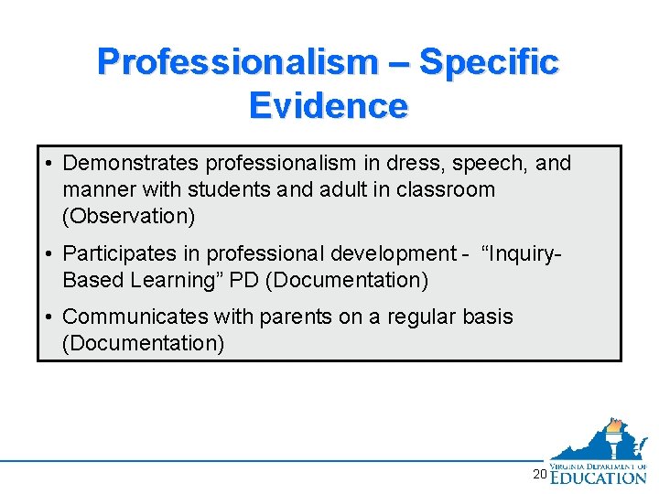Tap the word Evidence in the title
pyautogui.click(x=328, y=106)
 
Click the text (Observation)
pyautogui.click(x=128, y=217)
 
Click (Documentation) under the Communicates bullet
pyautogui.click(x=143, y=343)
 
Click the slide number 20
pyautogui.click(x=539, y=474)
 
